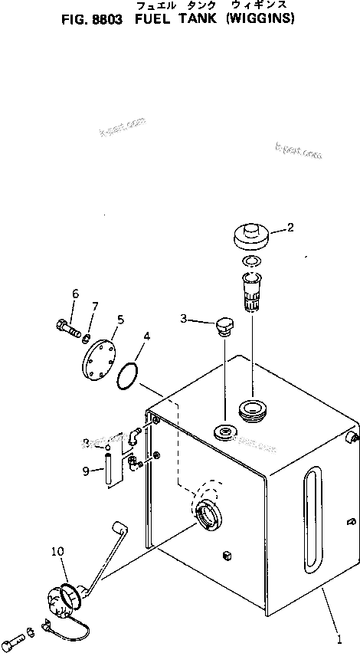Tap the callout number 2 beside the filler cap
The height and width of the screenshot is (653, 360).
[290, 227]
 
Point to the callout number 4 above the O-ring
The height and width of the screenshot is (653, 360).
[146, 336]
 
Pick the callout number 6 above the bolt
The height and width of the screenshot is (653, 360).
[75, 294]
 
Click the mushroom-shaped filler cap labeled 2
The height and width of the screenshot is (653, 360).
[250, 234]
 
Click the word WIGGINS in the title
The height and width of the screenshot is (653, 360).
[262, 19]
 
